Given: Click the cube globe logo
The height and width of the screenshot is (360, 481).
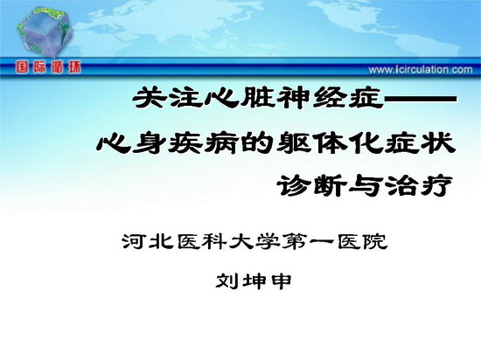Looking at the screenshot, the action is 45,31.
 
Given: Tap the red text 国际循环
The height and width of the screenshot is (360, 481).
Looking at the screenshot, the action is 48,67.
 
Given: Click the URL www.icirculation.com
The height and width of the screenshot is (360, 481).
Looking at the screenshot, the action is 421,70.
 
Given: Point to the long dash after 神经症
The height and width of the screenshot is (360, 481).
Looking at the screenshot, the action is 421,99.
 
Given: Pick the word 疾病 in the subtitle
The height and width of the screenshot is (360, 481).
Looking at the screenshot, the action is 203,143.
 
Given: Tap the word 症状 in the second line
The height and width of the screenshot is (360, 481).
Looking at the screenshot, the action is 420,143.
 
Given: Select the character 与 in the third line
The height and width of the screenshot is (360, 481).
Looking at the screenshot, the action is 365,185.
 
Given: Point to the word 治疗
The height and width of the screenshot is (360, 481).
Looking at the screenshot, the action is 418,185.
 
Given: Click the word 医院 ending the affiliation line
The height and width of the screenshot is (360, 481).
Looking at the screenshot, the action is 362,242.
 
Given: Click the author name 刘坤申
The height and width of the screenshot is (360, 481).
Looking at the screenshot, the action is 254,281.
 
